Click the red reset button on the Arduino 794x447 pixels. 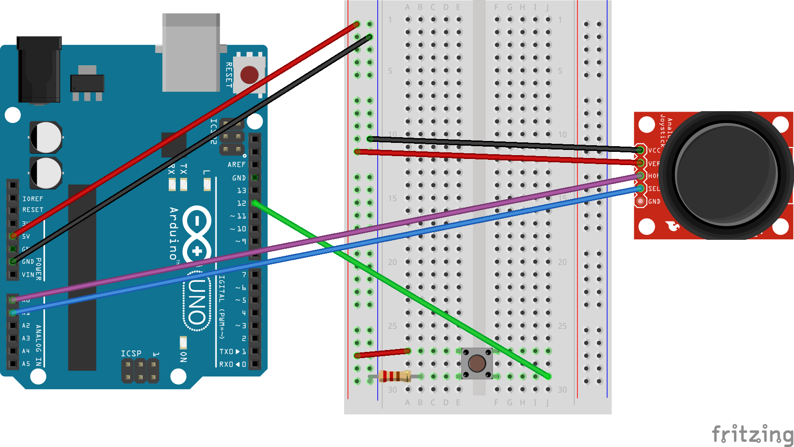(x=249, y=75)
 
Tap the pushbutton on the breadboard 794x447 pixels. (x=477, y=363)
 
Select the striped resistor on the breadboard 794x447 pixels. (x=395, y=377)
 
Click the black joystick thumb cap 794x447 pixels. (x=725, y=175)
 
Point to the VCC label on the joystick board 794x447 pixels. (x=654, y=150)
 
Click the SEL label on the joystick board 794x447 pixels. (x=654, y=189)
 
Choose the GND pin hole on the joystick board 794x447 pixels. (x=640, y=202)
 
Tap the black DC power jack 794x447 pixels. (x=39, y=70)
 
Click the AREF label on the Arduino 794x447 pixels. (x=236, y=165)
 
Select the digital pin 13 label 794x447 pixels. (x=241, y=190)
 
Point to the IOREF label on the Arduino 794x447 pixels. (x=33, y=199)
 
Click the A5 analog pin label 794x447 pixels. (x=26, y=364)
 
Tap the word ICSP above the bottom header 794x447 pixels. (x=131, y=353)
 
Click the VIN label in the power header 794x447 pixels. (x=28, y=274)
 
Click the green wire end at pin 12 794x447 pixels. (x=255, y=203)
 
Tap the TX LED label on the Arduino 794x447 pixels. (x=184, y=168)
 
